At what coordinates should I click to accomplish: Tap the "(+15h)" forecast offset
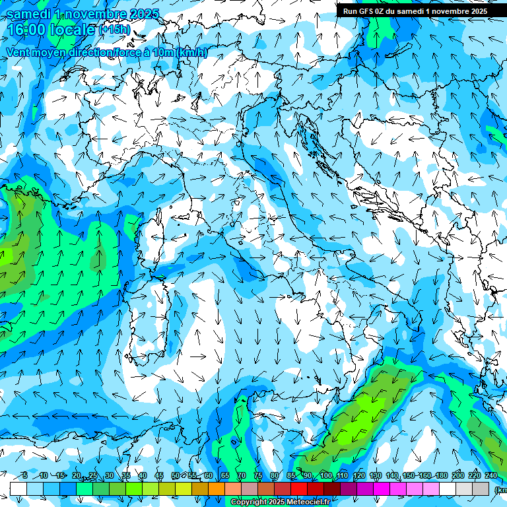click(x=114, y=30)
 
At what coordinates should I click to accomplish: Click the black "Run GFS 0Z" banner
click(x=415, y=11)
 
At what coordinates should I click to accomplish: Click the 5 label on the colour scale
click(x=25, y=476)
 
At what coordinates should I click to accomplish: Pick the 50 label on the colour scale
click(x=175, y=476)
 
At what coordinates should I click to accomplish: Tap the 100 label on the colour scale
click(x=325, y=476)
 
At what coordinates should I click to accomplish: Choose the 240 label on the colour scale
click(x=491, y=476)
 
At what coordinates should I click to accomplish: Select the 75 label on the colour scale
click(x=258, y=476)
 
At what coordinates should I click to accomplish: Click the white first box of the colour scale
click(x=18, y=489)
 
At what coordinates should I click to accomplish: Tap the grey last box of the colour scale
click(x=481, y=489)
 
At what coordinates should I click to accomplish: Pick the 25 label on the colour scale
click(x=92, y=476)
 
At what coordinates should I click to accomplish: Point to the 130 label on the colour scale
click(x=376, y=476)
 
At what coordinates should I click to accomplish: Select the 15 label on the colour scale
click(x=59, y=476)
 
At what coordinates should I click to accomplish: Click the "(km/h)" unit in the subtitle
click(x=192, y=53)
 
